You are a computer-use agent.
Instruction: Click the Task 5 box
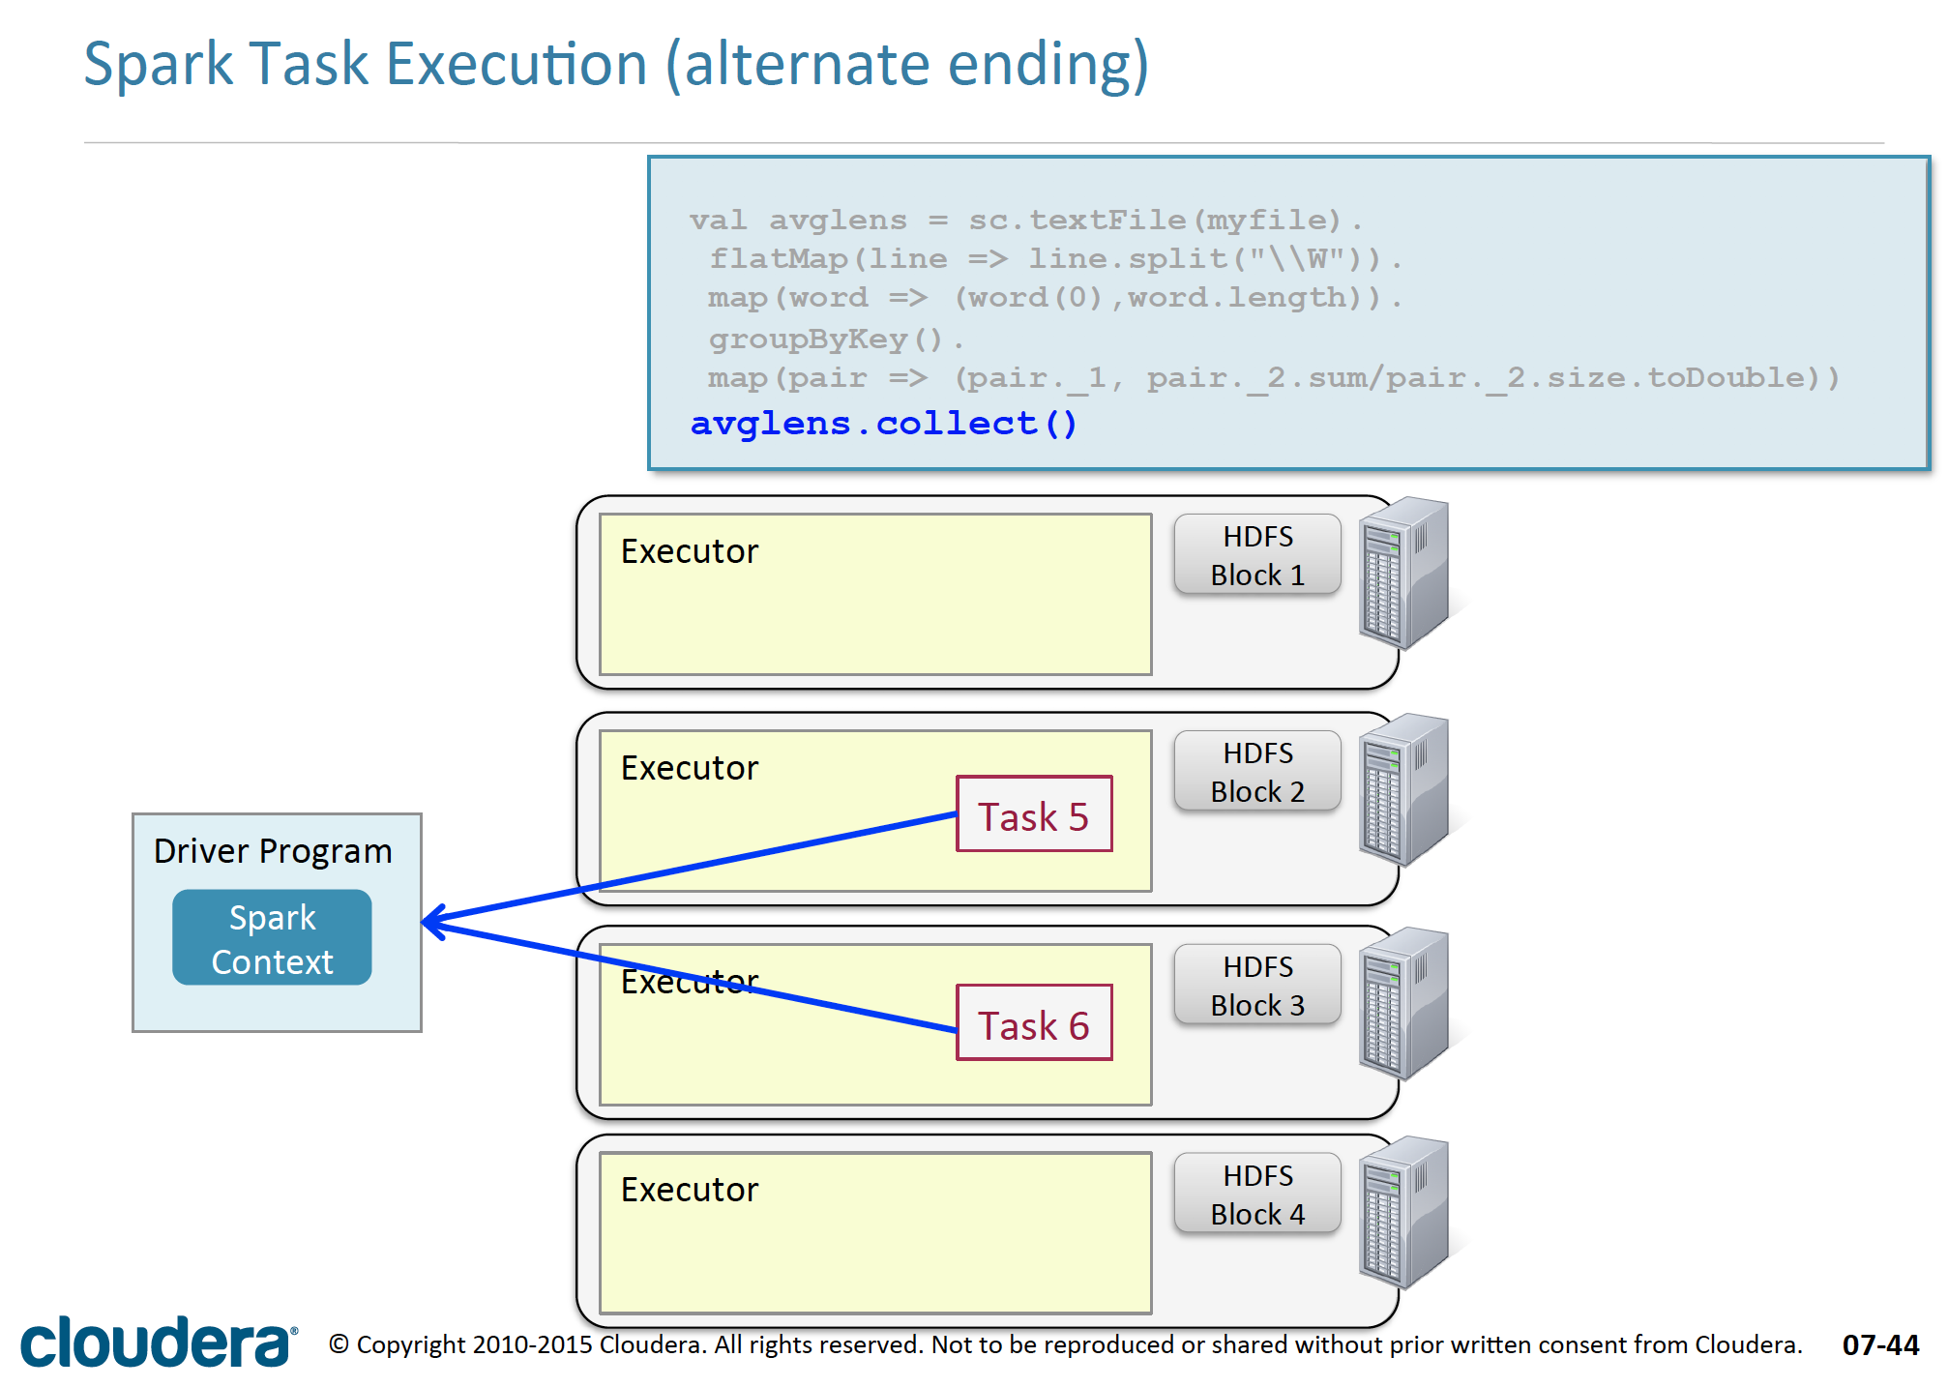[x=1033, y=814]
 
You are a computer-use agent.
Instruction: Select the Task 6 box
[x=1033, y=1023]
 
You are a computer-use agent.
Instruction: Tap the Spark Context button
[x=272, y=937]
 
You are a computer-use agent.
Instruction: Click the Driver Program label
[x=273, y=851]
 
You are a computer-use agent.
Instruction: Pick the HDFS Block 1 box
[x=1256, y=555]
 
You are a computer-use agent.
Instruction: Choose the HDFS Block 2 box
[x=1256, y=772]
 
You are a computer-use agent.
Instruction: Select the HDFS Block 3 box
[x=1256, y=986]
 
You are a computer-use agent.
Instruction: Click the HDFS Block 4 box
[x=1256, y=1195]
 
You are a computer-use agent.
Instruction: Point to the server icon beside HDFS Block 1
[x=1403, y=573]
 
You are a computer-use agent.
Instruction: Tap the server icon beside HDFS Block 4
[x=1403, y=1212]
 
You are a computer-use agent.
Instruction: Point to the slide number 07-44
[x=1879, y=1345]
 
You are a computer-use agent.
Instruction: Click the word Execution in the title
[x=516, y=65]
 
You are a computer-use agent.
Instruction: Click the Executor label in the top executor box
[x=689, y=551]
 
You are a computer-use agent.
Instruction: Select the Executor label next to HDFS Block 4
[x=689, y=1190]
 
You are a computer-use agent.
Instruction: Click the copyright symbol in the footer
[x=339, y=1344]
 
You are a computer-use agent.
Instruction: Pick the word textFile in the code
[x=1107, y=221]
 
